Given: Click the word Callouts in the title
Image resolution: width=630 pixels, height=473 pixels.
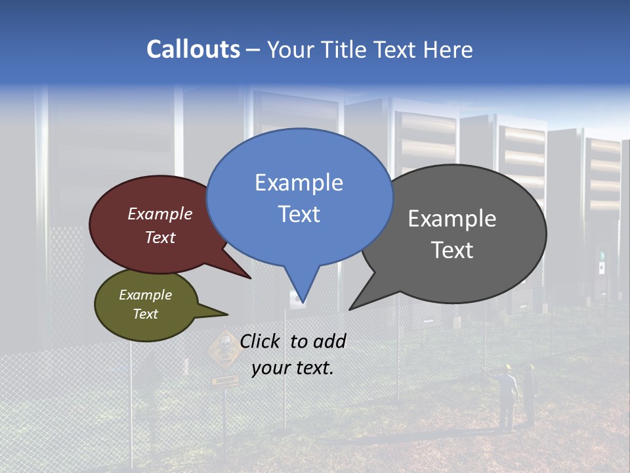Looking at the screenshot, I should coord(193,49).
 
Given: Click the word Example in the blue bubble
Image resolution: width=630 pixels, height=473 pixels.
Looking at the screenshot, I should coord(299,183).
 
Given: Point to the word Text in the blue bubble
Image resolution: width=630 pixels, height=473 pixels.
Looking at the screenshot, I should coord(299,214).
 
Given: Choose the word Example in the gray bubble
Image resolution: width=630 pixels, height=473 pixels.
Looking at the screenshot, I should coord(452,219).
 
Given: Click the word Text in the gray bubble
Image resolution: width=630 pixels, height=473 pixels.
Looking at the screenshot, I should coord(452,250).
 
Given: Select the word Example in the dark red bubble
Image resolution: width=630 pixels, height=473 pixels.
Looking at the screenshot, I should coord(160,214).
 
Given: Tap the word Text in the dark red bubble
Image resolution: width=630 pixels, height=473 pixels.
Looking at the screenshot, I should coord(160,237).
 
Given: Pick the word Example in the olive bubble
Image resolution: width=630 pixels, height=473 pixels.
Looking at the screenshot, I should coord(146,295).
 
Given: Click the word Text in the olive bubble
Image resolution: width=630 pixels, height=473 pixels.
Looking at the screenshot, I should coord(146,314).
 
